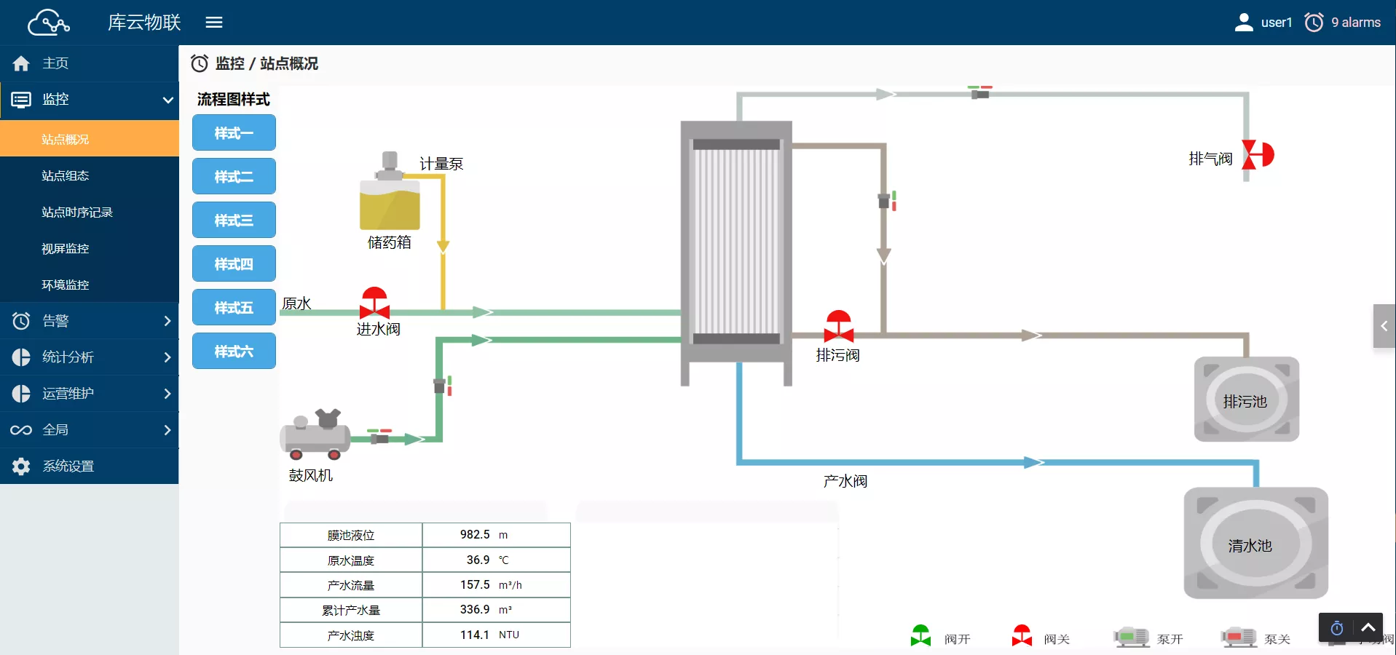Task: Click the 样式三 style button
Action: (x=234, y=220)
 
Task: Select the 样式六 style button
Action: (x=234, y=351)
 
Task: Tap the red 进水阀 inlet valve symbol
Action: (x=374, y=302)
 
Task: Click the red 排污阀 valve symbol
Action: (x=838, y=326)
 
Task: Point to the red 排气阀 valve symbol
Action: (x=1258, y=155)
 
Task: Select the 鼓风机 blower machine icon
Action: (x=315, y=434)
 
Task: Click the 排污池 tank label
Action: (x=1245, y=402)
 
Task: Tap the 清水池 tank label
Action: (x=1250, y=546)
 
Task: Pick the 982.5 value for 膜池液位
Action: (x=475, y=534)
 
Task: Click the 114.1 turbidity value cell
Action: (x=475, y=635)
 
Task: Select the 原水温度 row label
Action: (x=351, y=560)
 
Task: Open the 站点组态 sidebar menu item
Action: (x=66, y=175)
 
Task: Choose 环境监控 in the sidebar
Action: (x=66, y=285)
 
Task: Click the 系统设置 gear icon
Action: (x=21, y=467)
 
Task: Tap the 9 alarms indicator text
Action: (x=1356, y=23)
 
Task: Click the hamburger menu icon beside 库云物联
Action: (x=214, y=23)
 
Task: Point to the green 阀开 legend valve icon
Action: (x=920, y=636)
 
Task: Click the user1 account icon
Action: (x=1244, y=23)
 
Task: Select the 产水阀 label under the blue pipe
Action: (x=845, y=481)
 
